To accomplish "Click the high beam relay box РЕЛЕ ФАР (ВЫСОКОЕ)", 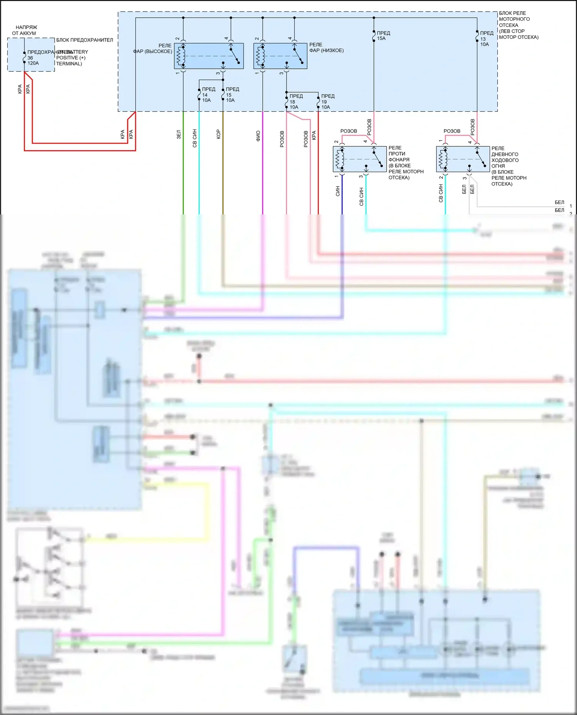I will [x=209, y=56].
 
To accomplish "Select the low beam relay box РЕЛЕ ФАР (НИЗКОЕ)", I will [x=280, y=56].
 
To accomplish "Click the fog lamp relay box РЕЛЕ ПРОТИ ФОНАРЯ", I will [x=360, y=159].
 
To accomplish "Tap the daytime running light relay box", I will [x=463, y=159].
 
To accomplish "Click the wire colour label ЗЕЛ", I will [x=178, y=134].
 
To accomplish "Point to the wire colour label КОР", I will [x=218, y=134].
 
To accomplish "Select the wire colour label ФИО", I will [x=258, y=136].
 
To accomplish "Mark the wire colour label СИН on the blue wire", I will [x=338, y=191].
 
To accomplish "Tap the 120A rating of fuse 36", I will [x=33, y=63].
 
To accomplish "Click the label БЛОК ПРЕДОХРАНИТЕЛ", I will [x=85, y=40].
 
